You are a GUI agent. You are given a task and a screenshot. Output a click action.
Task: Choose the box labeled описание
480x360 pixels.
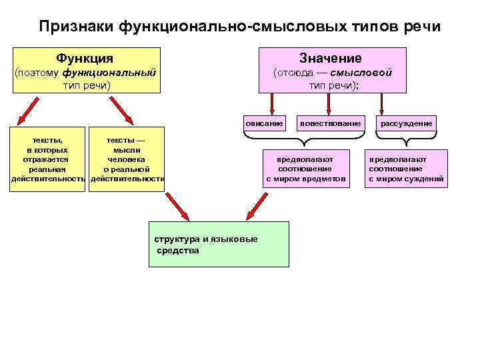coord(264,123)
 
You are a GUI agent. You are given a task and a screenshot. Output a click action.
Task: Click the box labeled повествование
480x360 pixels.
coord(331,123)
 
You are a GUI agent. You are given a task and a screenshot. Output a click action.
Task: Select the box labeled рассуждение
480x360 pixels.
coord(406,123)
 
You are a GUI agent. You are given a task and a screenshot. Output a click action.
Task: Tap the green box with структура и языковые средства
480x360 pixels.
coord(219,244)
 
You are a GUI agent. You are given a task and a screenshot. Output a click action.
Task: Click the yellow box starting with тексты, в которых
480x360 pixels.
coord(48,160)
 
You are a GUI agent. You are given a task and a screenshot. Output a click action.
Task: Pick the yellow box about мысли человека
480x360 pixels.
coord(127,160)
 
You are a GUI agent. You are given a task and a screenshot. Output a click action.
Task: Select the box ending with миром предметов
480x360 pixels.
coord(306,169)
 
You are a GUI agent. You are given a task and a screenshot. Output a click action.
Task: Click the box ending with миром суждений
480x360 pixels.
coord(406,169)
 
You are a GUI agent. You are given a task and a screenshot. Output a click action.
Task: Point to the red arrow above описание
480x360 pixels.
coord(272,103)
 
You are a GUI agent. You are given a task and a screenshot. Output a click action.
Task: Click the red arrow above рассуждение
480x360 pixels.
coord(381,103)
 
